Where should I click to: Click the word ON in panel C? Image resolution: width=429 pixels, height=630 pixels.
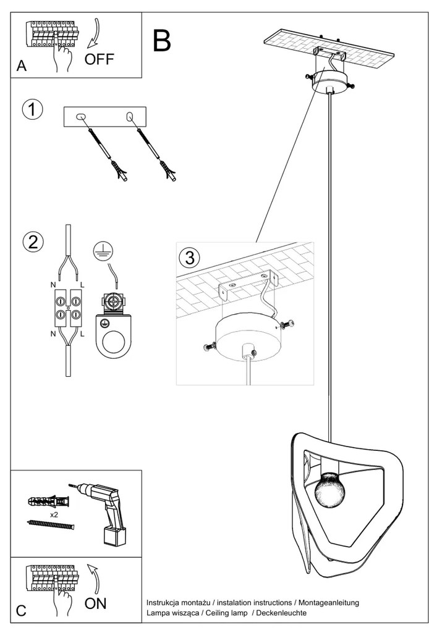click(x=95, y=603)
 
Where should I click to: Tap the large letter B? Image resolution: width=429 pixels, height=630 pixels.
click(x=161, y=41)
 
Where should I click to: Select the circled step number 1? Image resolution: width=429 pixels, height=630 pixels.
click(x=32, y=110)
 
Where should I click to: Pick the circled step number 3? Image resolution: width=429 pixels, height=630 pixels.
click(x=189, y=255)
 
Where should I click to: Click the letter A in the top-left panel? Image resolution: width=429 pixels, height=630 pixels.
click(x=22, y=67)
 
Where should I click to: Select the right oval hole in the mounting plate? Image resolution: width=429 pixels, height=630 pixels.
click(x=130, y=117)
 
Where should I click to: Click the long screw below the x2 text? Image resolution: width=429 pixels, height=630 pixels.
click(x=51, y=524)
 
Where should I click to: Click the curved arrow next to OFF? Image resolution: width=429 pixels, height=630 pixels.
click(x=94, y=34)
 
